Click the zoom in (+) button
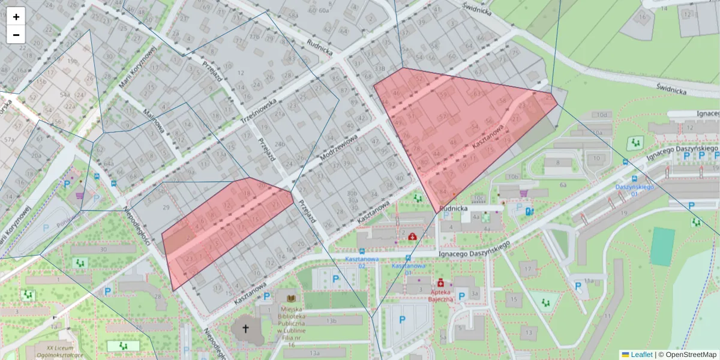[16, 16]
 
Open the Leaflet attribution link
[641, 355]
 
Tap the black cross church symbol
[245, 329]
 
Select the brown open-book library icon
[291, 298]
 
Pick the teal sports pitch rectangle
[662, 246]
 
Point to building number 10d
[602, 115]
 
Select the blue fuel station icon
[529, 211]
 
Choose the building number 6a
[563, 185]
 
